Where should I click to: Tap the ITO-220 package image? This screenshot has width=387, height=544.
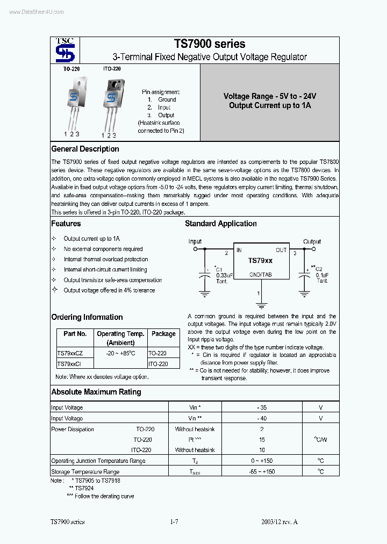[x=112, y=102]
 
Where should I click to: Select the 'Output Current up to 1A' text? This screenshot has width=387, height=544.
[x=270, y=106]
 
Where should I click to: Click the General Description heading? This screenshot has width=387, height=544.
[x=85, y=149]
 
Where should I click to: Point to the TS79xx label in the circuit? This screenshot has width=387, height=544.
[x=260, y=261]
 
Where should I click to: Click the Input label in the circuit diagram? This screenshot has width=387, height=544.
[x=195, y=241]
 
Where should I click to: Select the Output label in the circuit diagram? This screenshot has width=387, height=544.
[x=312, y=241]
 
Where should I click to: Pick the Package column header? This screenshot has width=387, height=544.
[x=163, y=334]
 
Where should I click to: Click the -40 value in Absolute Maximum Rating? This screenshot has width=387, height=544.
[x=262, y=418]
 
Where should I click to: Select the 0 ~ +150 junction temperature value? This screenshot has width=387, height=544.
[x=262, y=461]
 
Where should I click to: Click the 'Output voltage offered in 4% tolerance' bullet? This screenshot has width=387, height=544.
[x=109, y=290]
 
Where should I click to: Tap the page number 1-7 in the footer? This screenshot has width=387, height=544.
[x=174, y=522]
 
